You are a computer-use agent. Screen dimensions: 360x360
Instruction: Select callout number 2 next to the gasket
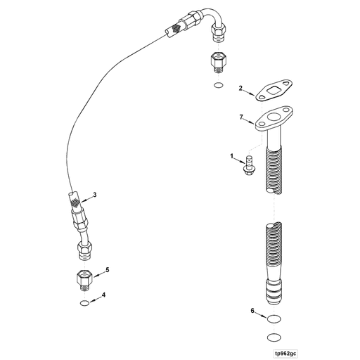240,89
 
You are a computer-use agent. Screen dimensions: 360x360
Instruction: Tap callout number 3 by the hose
94,193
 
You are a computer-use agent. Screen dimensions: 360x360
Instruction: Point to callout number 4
104,295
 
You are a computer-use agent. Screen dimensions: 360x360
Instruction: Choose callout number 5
106,269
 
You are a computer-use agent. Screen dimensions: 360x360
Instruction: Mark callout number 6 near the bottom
251,310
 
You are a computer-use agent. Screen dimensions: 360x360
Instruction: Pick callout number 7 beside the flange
240,115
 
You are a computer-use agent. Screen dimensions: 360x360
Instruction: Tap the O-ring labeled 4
84,304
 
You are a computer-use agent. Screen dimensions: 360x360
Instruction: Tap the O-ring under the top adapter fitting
219,86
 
